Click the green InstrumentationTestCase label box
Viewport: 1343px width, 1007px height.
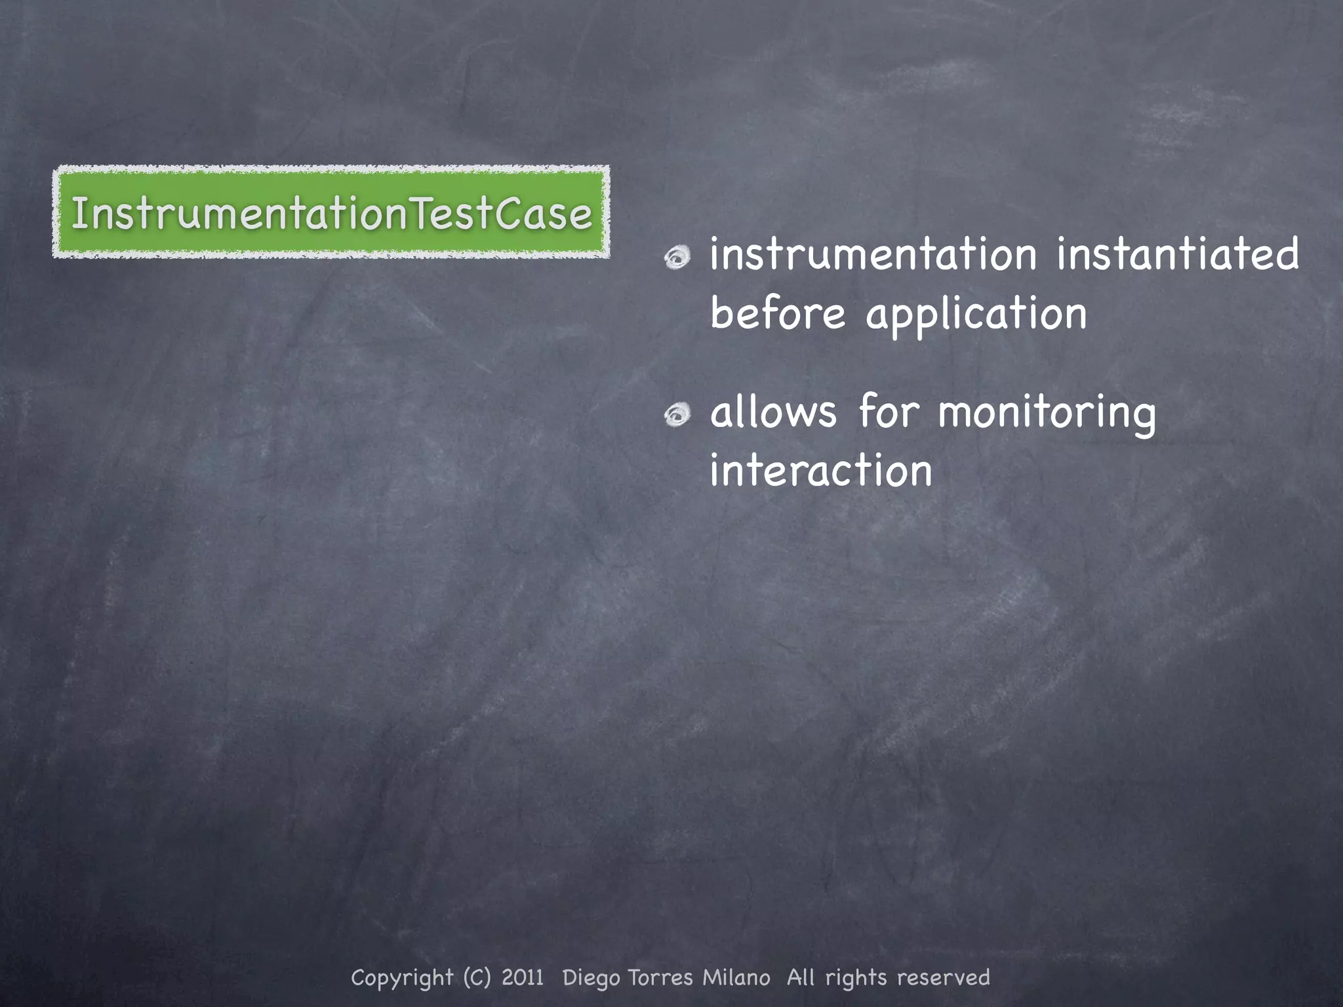click(331, 212)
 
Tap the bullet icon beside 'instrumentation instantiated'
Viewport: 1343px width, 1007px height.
click(677, 258)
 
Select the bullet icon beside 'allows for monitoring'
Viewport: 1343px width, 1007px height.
click(677, 415)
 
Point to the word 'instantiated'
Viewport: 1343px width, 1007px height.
click(1177, 255)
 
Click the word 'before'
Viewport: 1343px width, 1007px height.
click(778, 314)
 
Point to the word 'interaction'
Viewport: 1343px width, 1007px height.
click(820, 470)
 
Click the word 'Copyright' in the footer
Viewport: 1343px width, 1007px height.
click(402, 977)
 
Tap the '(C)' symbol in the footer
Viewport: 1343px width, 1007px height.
click(477, 977)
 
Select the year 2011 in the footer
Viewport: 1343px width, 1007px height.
click(523, 977)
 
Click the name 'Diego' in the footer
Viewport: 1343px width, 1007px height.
click(591, 977)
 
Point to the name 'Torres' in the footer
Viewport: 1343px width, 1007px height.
click(660, 977)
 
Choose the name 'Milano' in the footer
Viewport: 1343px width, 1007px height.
click(736, 977)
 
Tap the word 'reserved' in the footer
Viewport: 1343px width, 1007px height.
click(944, 977)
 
